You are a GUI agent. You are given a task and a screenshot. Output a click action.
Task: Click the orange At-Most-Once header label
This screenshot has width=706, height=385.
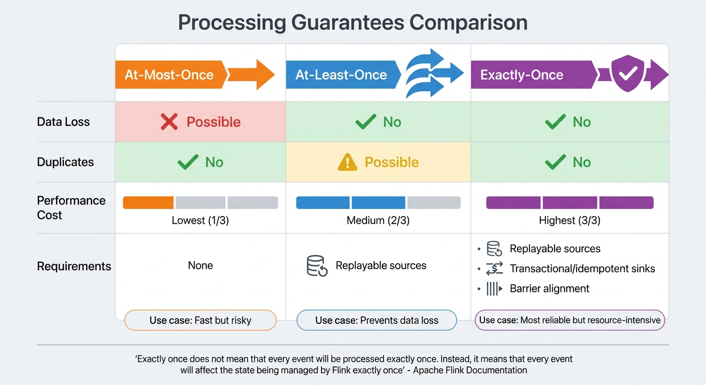[x=169, y=75]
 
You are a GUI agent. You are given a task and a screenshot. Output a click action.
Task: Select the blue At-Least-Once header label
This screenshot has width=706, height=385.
[x=341, y=75]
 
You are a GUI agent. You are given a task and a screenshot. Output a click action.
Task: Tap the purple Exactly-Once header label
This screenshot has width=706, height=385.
[x=521, y=75]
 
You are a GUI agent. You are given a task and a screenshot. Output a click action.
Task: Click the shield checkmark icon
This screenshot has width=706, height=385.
[x=628, y=75]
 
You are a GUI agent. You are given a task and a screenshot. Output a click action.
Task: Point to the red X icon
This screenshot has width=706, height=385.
[x=169, y=122]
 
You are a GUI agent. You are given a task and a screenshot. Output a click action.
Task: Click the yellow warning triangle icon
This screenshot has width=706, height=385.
[x=347, y=162]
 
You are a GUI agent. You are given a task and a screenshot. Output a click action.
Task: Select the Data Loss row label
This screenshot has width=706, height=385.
[x=63, y=122]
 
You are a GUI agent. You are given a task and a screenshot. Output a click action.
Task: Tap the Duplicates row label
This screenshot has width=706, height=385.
[x=65, y=162]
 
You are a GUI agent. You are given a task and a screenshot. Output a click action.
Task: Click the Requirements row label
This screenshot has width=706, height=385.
[x=74, y=266]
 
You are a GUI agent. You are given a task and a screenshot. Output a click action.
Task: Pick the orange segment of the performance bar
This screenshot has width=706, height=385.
[x=148, y=203]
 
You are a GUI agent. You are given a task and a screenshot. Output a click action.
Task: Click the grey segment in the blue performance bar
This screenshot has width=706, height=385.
[x=434, y=203]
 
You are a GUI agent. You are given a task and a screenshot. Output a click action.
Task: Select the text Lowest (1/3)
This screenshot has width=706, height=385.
[x=200, y=221]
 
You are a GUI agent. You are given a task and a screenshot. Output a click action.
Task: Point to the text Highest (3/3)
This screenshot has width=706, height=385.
[x=570, y=221]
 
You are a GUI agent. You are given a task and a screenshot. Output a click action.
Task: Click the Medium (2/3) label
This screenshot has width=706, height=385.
[x=378, y=221]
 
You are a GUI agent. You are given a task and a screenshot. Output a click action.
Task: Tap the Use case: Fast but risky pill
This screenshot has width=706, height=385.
[x=200, y=320]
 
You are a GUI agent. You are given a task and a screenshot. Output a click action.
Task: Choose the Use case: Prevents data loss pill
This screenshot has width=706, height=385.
[x=377, y=320]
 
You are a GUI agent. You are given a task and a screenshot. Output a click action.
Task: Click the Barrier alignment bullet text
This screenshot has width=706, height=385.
[x=550, y=288]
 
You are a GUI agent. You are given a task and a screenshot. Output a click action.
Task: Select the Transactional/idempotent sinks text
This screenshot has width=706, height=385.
[x=582, y=269]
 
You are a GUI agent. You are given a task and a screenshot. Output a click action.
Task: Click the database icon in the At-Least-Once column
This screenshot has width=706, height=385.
[x=317, y=266]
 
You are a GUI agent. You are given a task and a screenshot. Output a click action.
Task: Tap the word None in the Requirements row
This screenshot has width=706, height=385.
[x=200, y=266]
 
